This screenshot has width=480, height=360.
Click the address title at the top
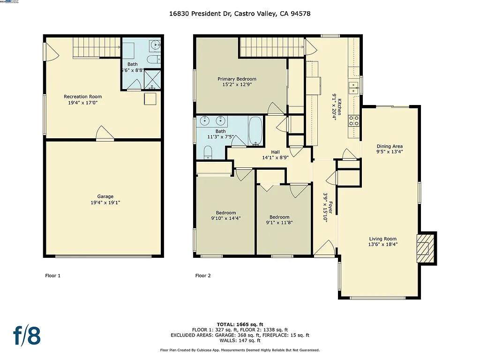240,14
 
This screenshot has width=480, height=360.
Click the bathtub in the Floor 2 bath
255,130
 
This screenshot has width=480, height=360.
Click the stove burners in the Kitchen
354,121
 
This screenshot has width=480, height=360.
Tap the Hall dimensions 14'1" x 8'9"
275,158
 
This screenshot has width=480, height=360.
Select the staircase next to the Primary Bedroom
269,47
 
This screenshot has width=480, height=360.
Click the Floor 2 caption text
203,276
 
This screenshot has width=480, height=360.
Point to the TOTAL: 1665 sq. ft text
240,324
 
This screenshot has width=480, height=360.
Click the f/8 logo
27,336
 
